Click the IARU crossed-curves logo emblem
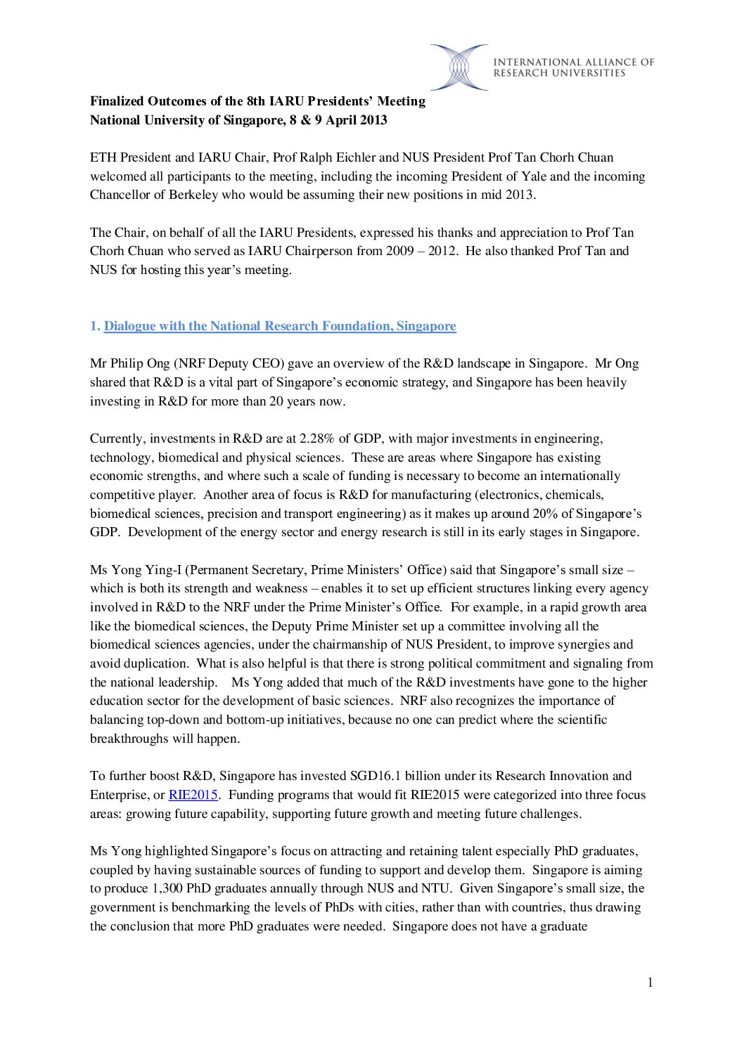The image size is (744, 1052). point(459,67)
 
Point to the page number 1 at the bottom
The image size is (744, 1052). point(650,982)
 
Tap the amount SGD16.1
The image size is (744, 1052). point(376,776)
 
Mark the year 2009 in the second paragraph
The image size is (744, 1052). point(400,251)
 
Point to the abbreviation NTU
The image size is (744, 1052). point(435,888)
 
